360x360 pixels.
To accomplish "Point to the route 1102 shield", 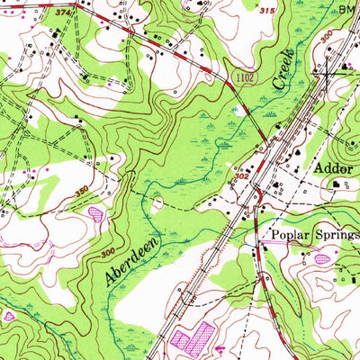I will point(248,79).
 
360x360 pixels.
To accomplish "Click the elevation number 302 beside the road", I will point(241,177).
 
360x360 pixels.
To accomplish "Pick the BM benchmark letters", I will point(347,8).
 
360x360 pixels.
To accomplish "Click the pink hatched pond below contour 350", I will point(95,214).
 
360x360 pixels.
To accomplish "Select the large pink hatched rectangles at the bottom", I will point(193,338).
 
